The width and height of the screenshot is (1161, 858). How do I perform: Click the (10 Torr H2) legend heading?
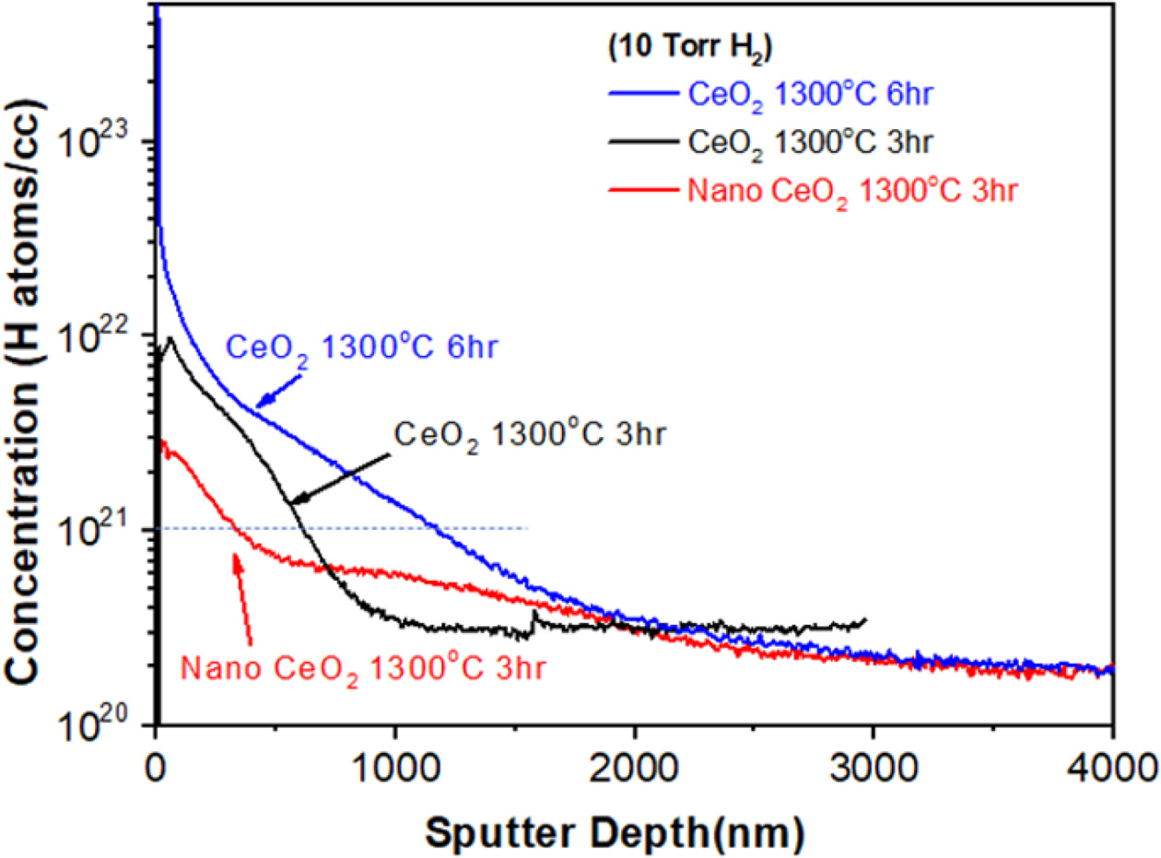681,49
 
